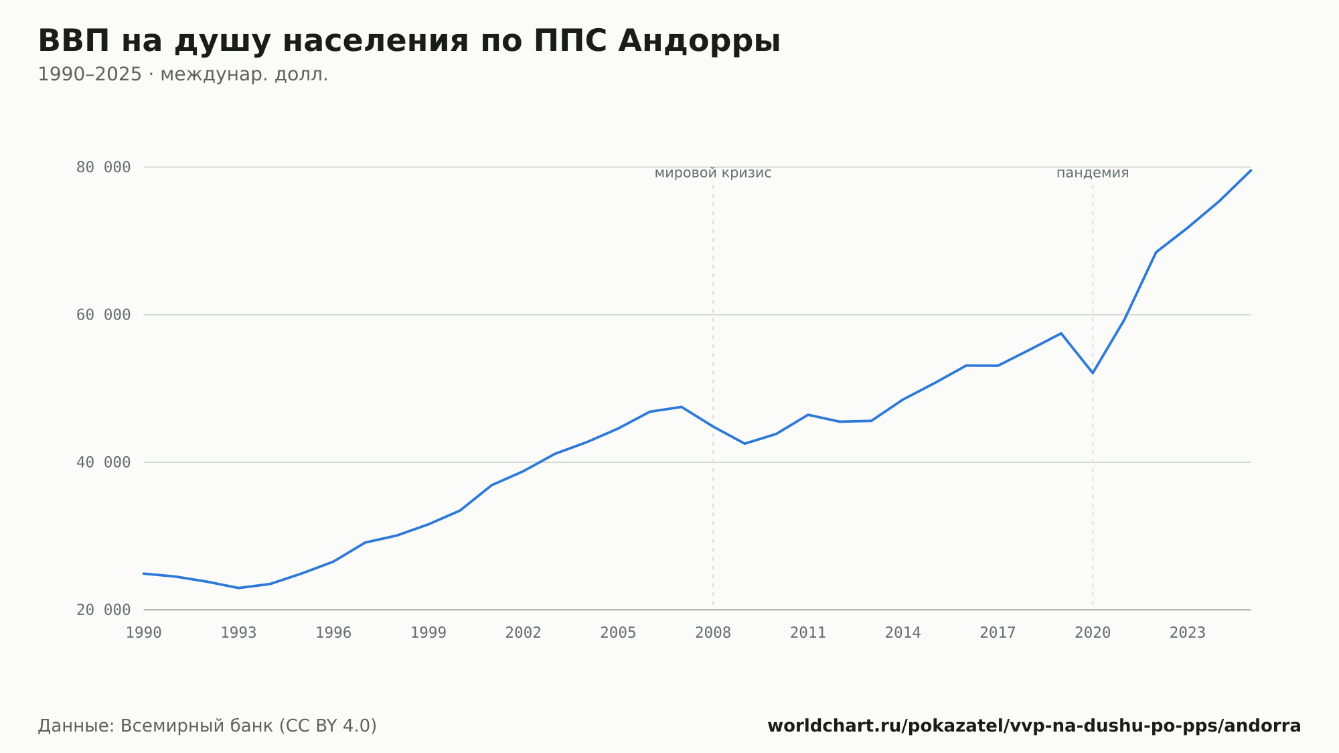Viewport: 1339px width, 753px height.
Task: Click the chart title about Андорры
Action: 409,42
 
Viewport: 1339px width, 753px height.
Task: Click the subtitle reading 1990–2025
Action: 183,74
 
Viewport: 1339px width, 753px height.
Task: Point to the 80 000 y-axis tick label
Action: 103,167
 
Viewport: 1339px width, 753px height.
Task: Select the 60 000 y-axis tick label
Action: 103,315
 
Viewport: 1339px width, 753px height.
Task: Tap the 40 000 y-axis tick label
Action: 103,462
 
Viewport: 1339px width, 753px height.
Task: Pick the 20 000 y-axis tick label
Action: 103,610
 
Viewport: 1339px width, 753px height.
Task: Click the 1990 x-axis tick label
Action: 144,633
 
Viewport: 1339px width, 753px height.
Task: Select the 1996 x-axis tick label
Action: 333,633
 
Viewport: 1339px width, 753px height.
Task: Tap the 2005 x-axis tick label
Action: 618,633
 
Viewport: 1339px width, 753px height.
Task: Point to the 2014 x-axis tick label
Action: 903,633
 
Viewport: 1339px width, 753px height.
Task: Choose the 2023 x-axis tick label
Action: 1188,633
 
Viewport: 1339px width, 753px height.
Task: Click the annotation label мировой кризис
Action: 713,174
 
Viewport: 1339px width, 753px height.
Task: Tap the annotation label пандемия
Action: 1093,174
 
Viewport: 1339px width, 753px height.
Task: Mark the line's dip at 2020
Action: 1093,373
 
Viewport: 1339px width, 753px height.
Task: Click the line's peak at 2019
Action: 1061,333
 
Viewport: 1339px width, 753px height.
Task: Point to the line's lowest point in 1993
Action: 239,588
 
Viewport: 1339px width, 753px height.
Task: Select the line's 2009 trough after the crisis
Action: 744,443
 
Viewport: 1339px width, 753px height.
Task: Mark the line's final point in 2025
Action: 1251,170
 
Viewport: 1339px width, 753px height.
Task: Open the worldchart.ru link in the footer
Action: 1034,726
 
